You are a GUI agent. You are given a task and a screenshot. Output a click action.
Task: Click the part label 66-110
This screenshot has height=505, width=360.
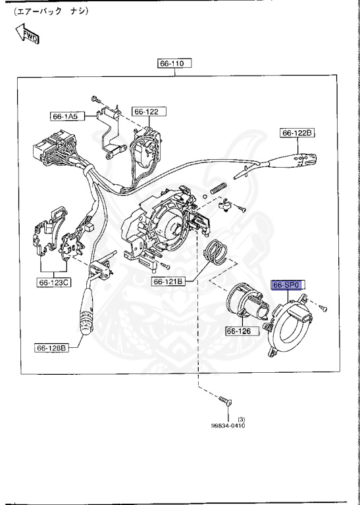[x=174, y=64]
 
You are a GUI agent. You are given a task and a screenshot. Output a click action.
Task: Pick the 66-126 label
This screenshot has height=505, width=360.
[x=240, y=331]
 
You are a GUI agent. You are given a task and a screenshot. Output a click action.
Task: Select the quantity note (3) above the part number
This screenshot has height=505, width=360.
[x=241, y=418]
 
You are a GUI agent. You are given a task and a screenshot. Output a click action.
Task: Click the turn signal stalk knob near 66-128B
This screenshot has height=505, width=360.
[x=88, y=320]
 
